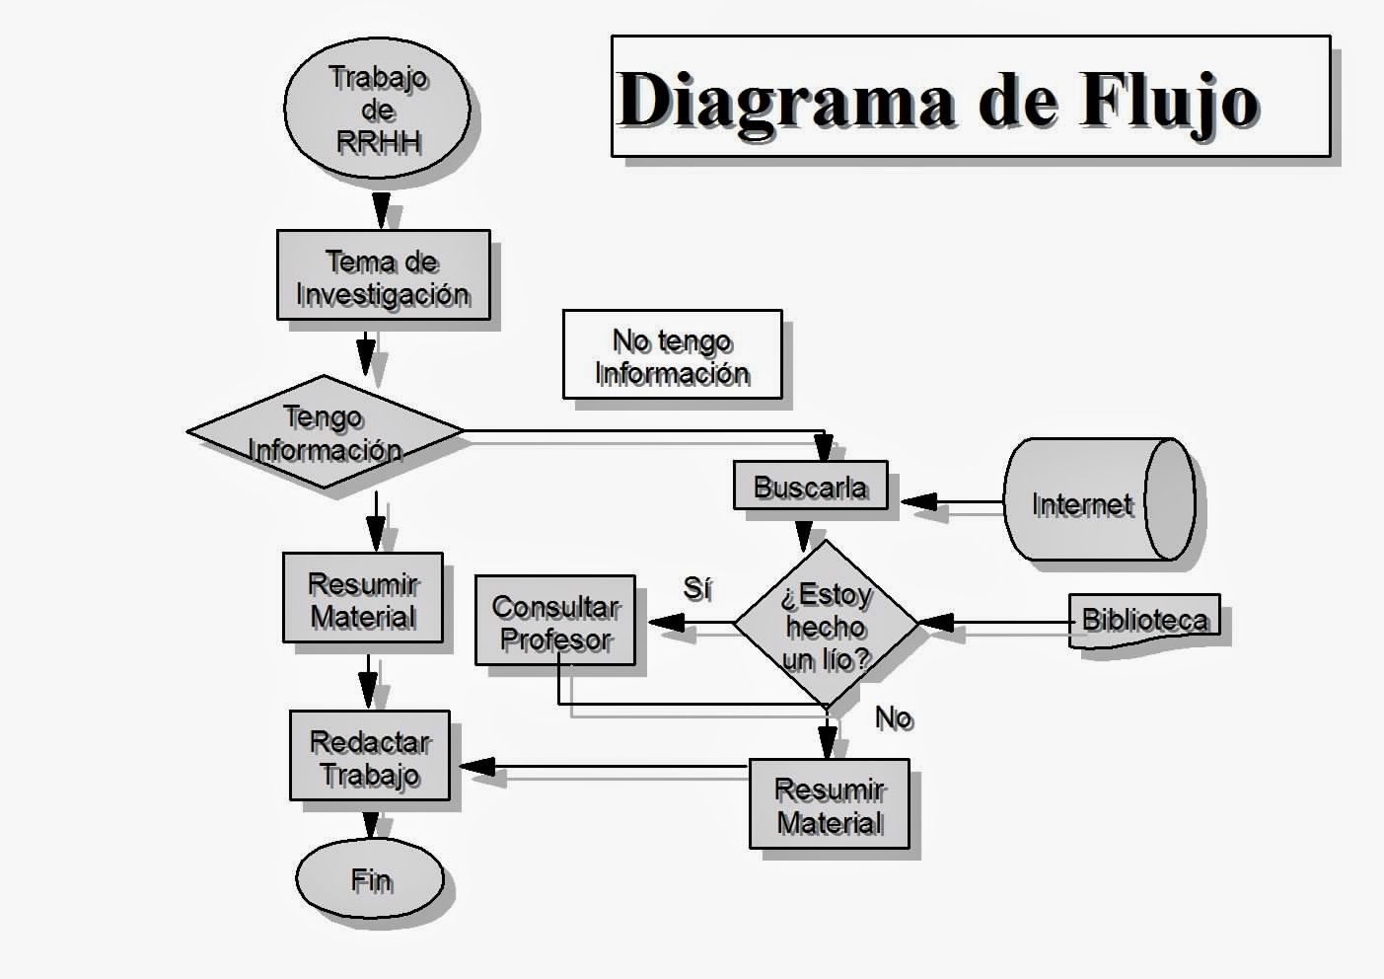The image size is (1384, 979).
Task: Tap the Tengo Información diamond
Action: point(325,431)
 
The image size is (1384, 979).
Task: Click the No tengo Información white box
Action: point(672,354)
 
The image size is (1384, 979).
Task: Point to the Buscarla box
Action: point(810,486)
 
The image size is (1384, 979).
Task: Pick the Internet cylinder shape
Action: point(1097,500)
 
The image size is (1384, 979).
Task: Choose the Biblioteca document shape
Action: point(1144,620)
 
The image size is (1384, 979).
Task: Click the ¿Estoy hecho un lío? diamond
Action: point(826,624)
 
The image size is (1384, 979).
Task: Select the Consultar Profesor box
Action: point(554,621)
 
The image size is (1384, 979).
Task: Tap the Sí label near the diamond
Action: point(696,588)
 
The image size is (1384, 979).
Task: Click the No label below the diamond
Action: point(894,717)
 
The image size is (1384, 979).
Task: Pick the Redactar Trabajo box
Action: point(369,756)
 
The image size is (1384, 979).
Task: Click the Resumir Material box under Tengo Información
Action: point(362,598)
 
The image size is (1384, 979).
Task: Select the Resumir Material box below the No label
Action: point(829,803)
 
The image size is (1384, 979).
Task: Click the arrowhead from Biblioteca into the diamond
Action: point(936,623)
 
